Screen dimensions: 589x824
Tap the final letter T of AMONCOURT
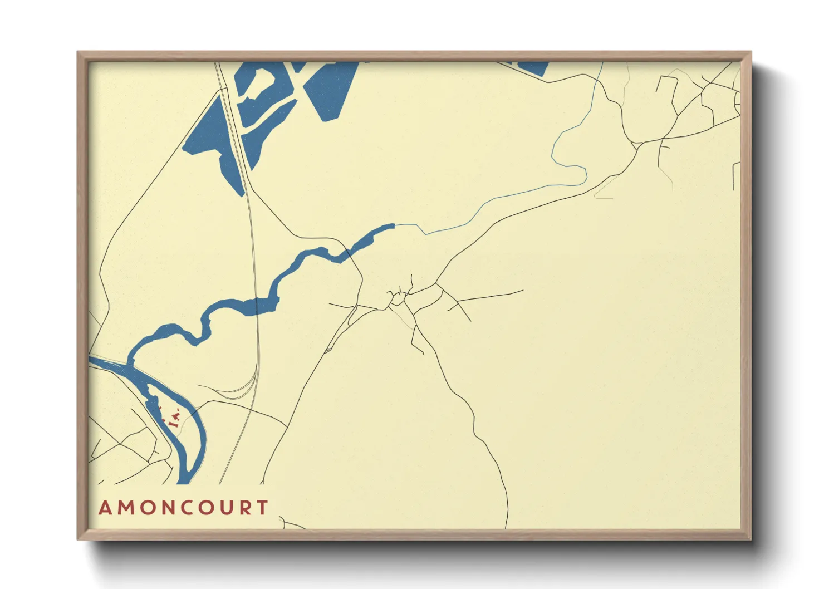(x=262, y=508)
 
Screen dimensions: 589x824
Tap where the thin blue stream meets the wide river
(x=395, y=225)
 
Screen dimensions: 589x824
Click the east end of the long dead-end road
(x=523, y=290)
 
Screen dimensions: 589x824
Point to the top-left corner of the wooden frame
(x=78, y=52)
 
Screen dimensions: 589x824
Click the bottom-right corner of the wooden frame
(x=751, y=539)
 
